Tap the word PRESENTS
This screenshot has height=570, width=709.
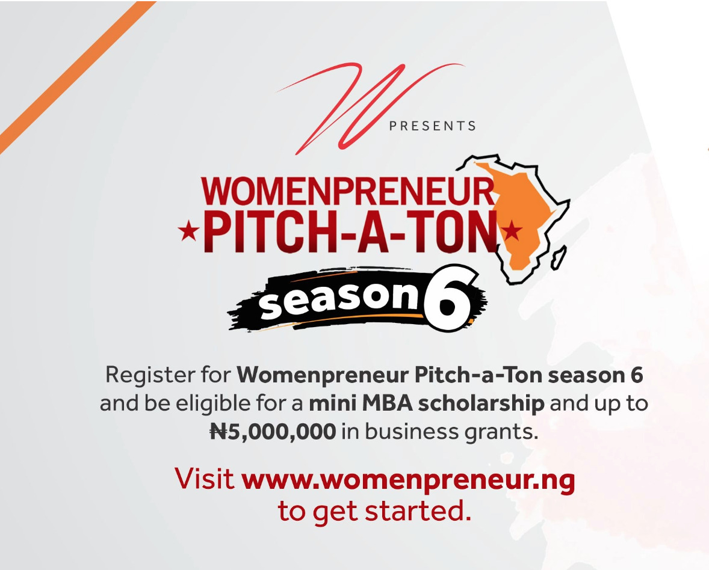(433, 126)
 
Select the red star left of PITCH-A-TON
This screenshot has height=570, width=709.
(188, 231)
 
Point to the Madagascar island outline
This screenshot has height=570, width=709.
(559, 258)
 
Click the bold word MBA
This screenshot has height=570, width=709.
(387, 403)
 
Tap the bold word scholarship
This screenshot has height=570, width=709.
(481, 404)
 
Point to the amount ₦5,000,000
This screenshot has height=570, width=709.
(273, 432)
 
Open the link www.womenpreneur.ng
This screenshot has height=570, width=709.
(408, 480)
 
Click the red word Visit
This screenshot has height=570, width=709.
(205, 479)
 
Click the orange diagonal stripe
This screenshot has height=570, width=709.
(77, 77)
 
